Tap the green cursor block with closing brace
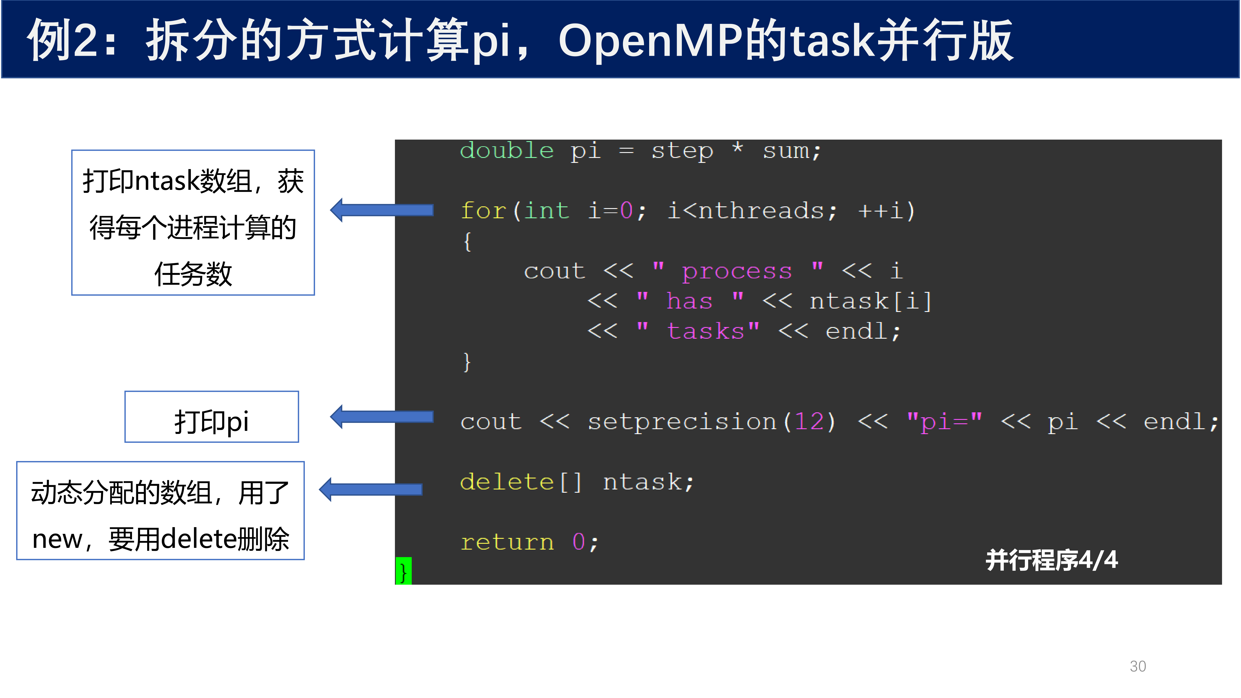[403, 571]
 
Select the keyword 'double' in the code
[507, 151]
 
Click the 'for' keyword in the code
[483, 210]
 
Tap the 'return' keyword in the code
[507, 542]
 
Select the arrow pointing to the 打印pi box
[382, 416]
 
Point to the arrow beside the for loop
[382, 210]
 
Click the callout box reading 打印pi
[212, 417]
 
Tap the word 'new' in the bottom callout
[57, 539]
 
